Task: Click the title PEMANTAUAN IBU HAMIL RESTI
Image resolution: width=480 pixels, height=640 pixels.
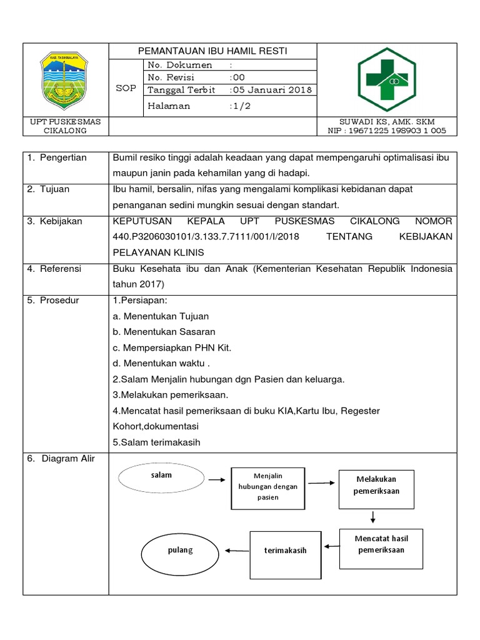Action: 212,51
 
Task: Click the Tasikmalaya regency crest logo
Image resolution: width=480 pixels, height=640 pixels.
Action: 64,79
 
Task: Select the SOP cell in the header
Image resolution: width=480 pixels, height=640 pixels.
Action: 126,88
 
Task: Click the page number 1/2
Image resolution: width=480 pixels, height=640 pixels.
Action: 239,106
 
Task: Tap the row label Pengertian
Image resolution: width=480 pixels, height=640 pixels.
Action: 63,157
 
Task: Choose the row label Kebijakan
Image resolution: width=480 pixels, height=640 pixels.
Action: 61,221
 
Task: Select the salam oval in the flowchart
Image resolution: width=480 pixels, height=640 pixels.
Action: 161,476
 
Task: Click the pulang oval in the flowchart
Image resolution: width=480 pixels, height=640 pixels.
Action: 181,551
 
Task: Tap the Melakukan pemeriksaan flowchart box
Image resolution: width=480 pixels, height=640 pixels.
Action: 376,486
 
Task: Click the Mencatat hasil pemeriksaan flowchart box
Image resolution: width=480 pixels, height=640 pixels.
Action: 381,544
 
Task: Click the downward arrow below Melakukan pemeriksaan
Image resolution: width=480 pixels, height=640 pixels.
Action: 373,517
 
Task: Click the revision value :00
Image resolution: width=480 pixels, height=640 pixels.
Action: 237,77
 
